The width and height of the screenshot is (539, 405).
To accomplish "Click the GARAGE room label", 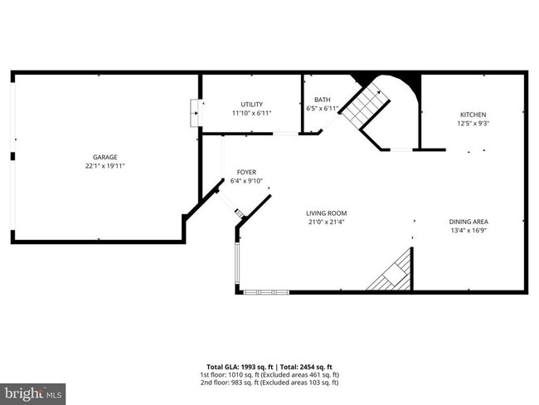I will click(104, 157).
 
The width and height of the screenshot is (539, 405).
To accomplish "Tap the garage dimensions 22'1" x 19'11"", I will click(104, 166).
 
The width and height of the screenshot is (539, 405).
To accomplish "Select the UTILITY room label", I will click(251, 105).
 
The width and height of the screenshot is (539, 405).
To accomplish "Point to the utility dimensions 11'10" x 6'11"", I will click(251, 114).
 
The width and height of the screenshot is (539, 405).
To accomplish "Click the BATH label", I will click(322, 100).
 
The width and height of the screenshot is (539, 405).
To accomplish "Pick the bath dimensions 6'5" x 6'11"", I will click(322, 109).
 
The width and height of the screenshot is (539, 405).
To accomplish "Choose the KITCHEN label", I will click(473, 115).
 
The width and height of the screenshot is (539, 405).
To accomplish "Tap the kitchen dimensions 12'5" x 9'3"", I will click(473, 124).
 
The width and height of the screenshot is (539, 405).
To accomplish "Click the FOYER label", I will click(246, 172).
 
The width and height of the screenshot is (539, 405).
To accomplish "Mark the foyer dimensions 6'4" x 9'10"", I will click(246, 181).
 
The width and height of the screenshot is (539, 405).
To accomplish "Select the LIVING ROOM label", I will click(326, 212).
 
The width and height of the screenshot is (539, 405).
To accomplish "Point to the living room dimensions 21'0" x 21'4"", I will click(326, 222).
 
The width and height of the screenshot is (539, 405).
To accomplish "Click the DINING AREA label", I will click(469, 222).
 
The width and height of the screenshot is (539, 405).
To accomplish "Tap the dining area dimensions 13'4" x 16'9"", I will click(469, 231).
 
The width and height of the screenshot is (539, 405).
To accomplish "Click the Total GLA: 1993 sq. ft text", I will click(240, 366).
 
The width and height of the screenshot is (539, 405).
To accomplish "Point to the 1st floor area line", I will click(269, 374).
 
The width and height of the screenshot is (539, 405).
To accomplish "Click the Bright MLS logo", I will click(33, 392).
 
